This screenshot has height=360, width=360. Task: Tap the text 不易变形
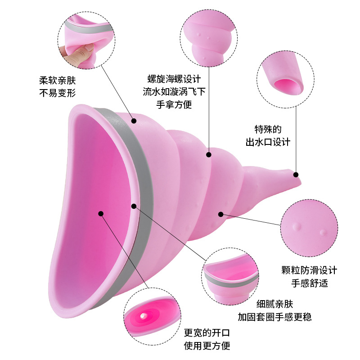(x=58, y=94)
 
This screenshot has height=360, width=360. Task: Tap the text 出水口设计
(x=268, y=142)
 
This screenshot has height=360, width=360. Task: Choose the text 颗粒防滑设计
(x=309, y=270)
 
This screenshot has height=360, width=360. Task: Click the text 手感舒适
(x=309, y=283)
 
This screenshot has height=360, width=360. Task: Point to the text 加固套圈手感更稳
(x=274, y=317)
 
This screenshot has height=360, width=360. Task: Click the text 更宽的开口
(x=207, y=333)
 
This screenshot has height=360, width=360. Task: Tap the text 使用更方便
(x=207, y=346)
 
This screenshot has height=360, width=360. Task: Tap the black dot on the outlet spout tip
(x=296, y=174)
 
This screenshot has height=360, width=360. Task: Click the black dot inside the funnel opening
(x=101, y=214)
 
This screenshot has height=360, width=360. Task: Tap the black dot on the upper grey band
(x=134, y=121)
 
